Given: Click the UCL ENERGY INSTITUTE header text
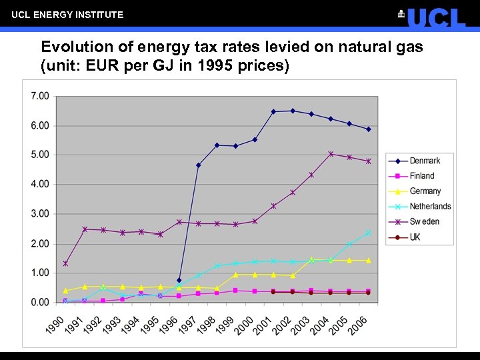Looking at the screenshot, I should tap(67, 14).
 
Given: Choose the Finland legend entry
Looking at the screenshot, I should tap(421, 176).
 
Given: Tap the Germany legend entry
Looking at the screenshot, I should tap(425, 191).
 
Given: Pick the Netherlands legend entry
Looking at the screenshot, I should tap(430, 207).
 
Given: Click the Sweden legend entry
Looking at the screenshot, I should tap(424, 222).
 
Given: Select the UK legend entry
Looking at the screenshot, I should tap(415, 237).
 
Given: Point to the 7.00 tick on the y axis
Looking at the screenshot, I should tap(40, 96).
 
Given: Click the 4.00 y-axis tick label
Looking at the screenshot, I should tap(40, 184).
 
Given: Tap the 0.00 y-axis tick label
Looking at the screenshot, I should tap(40, 302).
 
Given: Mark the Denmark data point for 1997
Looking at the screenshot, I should tap(198, 165).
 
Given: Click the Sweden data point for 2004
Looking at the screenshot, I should tap(331, 154).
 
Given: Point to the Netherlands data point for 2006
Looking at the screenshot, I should tap(368, 233).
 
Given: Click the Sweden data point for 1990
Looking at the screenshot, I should tap(65, 263).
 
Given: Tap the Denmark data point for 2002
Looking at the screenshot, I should tap(293, 111).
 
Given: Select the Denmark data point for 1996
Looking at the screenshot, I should tap(179, 281).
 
